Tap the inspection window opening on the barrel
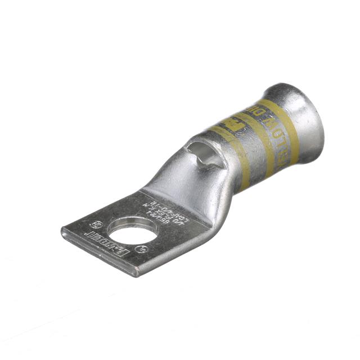(201, 154)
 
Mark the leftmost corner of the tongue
(62, 230)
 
